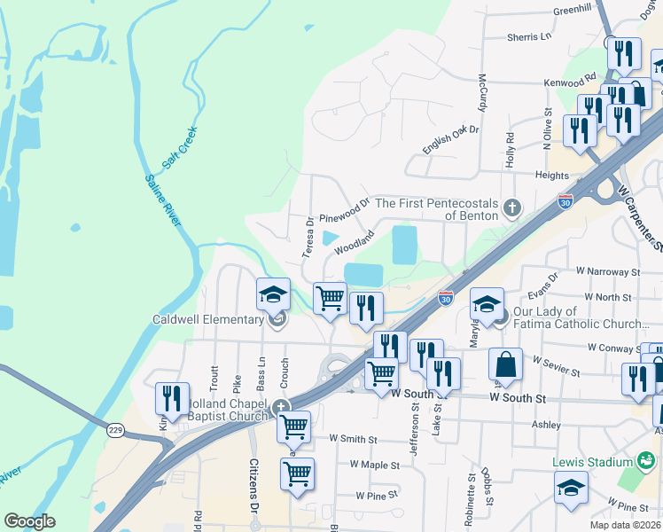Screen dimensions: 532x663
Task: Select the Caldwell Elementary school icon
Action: (274, 293)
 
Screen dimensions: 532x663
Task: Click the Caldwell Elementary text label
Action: (207, 319)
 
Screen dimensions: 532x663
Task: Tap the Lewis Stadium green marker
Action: (646, 462)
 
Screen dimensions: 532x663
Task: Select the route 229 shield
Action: (115, 430)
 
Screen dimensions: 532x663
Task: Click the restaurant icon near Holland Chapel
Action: (172, 398)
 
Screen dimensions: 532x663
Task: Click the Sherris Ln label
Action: (529, 37)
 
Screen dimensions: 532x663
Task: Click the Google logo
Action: (30, 521)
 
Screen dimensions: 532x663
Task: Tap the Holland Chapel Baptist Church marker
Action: (281, 408)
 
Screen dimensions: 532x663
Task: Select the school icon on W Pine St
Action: (571, 487)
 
